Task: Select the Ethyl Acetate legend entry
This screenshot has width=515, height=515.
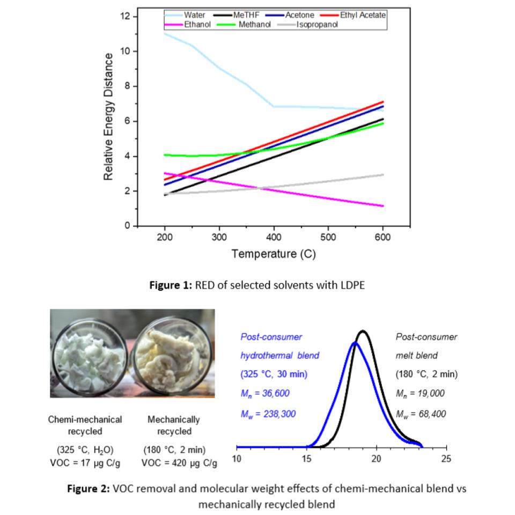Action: (363, 15)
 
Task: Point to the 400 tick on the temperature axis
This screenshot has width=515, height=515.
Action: (274, 237)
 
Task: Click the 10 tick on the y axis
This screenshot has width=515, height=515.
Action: (127, 51)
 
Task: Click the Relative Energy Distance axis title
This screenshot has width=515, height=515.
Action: (108, 116)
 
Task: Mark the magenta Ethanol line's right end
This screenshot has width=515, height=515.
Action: (382, 205)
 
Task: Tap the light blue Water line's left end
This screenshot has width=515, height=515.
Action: (165, 34)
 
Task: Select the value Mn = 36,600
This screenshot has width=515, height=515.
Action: (265, 394)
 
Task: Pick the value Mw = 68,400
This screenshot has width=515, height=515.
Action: (421, 413)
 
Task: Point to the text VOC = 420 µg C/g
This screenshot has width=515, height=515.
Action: (179, 462)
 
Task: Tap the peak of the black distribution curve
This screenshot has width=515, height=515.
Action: (363, 331)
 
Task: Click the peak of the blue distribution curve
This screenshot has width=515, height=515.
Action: (355, 342)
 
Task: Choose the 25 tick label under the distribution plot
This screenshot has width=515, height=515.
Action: (446, 459)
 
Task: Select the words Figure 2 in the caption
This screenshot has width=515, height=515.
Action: (89, 489)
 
